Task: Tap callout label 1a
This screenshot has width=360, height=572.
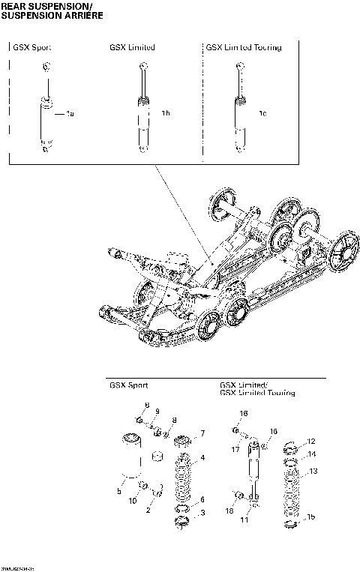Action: (70, 113)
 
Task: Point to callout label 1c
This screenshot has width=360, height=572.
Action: (262, 113)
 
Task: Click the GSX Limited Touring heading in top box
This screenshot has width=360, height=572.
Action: (244, 47)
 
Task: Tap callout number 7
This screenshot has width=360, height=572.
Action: (202, 433)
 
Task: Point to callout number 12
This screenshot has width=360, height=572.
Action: (312, 442)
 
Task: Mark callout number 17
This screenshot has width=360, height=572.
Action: (235, 450)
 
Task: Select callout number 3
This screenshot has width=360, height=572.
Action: (202, 513)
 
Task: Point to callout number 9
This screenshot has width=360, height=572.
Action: (157, 412)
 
